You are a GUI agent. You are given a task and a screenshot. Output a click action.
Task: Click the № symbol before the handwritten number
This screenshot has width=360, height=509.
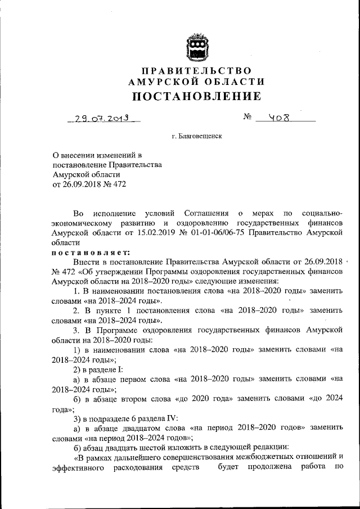tap(247, 119)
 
